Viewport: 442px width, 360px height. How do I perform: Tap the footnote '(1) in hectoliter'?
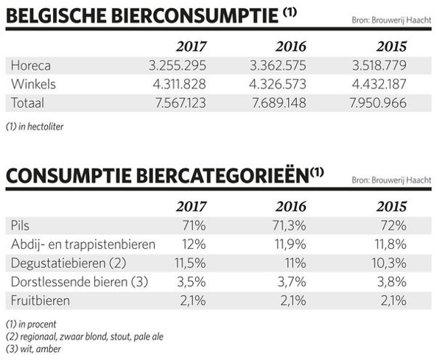34,126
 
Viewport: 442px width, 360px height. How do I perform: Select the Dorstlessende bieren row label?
79,280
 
